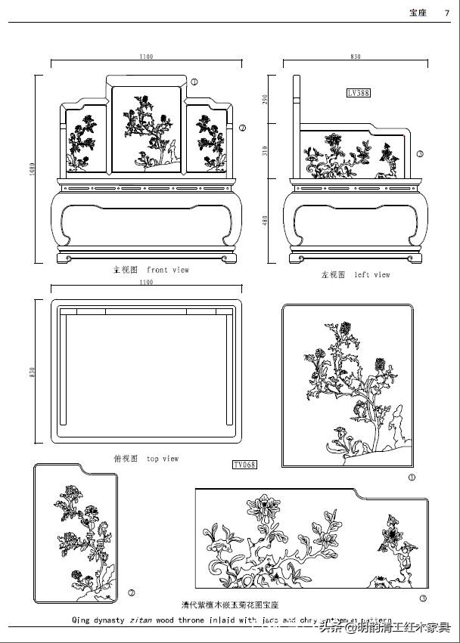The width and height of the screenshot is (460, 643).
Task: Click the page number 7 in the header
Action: tap(446, 12)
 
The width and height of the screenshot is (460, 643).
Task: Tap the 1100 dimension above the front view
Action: tap(146, 57)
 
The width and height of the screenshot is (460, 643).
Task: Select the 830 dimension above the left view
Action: tap(356, 57)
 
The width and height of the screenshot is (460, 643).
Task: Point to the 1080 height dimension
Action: tap(33, 170)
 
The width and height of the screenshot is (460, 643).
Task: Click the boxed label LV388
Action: tap(359, 93)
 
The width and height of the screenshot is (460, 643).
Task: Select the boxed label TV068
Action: tap(244, 464)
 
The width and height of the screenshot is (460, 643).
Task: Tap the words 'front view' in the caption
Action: tap(168, 270)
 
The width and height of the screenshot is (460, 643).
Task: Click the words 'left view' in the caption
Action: tap(372, 275)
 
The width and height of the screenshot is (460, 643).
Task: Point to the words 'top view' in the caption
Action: tap(163, 459)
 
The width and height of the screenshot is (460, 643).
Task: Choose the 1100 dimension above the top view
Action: tap(146, 283)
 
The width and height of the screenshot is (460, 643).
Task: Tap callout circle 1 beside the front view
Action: tap(194, 82)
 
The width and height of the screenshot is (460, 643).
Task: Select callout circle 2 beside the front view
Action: tap(242, 128)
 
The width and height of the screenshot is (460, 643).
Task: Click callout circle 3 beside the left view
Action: tap(421, 153)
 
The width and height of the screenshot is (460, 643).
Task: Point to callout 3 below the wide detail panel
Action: tap(422, 598)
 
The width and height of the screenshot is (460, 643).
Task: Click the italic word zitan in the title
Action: tap(141, 620)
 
